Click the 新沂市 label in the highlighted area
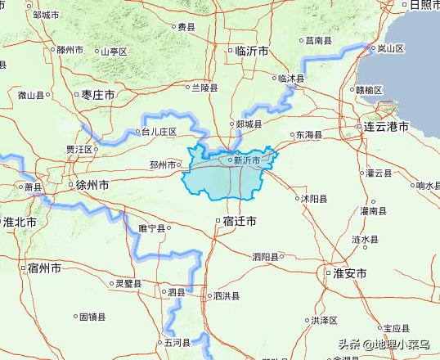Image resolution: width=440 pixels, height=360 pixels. click(x=246, y=160)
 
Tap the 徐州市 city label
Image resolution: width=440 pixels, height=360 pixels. click(x=91, y=185)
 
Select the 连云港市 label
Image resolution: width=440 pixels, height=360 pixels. click(x=386, y=127)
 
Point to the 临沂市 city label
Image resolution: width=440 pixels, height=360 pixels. click(x=250, y=51)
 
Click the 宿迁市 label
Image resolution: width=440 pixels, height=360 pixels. click(x=239, y=222)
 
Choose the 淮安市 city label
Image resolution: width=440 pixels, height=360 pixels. click(x=349, y=273)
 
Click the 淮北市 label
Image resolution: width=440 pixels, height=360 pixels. click(x=20, y=223)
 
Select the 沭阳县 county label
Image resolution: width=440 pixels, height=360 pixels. click(x=313, y=198)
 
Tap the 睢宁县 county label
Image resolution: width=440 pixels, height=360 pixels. click(x=152, y=228)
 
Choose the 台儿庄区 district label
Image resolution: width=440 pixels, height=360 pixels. click(x=159, y=130)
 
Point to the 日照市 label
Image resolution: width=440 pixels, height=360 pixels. click(x=424, y=7)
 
